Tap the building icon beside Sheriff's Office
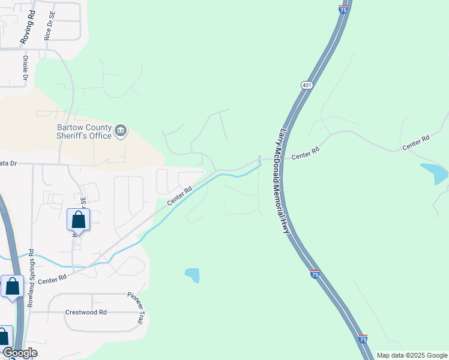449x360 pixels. (x=121, y=131)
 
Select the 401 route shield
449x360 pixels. (x=307, y=86)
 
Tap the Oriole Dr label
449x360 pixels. (x=26, y=68)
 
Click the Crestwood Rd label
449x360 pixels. (x=86, y=313)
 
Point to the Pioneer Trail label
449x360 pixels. (x=135, y=308)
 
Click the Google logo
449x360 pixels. (x=20, y=353)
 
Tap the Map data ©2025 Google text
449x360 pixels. (x=412, y=355)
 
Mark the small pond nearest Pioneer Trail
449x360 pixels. (x=192, y=275)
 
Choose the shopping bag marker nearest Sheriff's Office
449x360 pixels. (x=78, y=220)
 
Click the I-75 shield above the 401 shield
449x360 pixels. (x=343, y=10)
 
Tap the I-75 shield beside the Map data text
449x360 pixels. (x=363, y=339)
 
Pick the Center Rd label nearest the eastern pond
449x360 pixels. (x=416, y=142)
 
